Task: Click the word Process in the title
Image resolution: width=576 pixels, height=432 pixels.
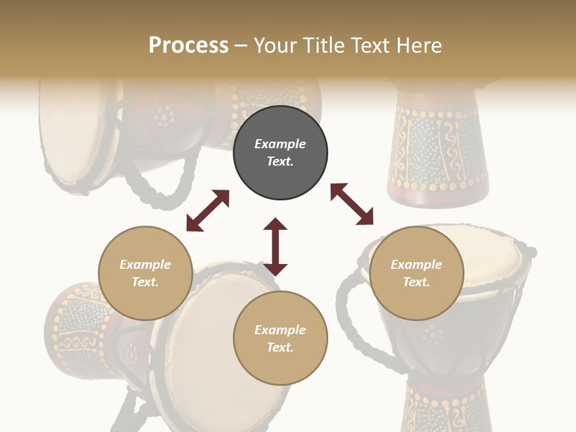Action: pyautogui.click(x=188, y=46)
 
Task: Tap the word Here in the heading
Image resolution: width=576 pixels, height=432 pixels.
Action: pyautogui.click(x=419, y=46)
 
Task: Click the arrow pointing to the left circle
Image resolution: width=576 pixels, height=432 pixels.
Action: pyautogui.click(x=208, y=211)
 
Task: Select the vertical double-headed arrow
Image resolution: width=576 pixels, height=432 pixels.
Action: pyautogui.click(x=275, y=247)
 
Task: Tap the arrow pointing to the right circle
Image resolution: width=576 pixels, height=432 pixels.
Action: pyautogui.click(x=352, y=204)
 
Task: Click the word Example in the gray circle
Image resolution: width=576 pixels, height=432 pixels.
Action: pyautogui.click(x=280, y=144)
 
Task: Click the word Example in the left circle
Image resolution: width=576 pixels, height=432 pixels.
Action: pyautogui.click(x=145, y=265)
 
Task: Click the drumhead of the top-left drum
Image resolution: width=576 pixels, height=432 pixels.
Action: pyautogui.click(x=69, y=135)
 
